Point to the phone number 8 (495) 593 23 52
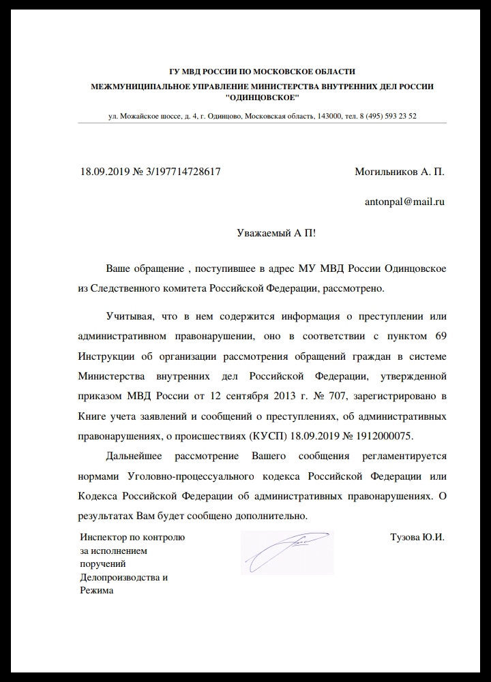pos(387,116)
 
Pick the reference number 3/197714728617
pos(179,172)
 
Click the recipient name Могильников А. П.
pos(400,172)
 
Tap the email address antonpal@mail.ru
pos(405,202)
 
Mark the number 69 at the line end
pos(440,337)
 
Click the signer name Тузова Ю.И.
pos(417,537)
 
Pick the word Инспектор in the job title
pos(102,537)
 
